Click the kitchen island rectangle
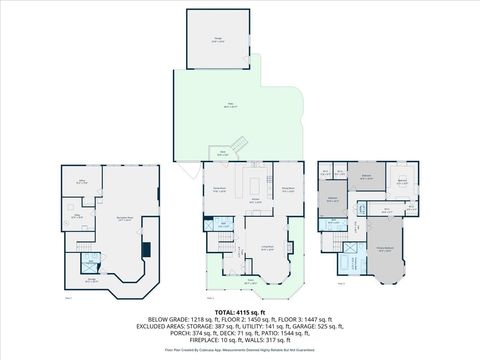point(255,185)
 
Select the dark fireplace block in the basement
point(147,250)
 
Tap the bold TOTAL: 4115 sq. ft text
point(240,313)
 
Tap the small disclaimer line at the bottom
point(240,351)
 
